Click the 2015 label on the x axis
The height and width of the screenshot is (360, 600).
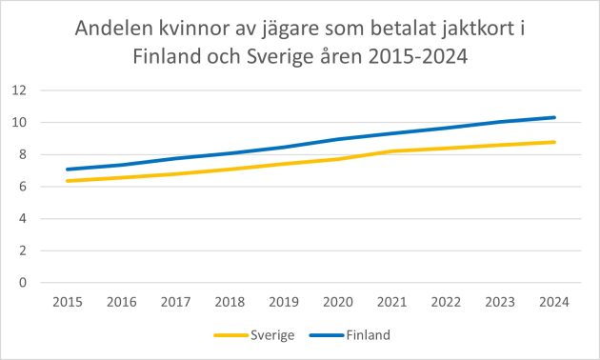coord(67,303)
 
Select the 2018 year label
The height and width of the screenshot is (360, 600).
coord(230,303)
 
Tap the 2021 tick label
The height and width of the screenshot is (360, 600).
coord(392,303)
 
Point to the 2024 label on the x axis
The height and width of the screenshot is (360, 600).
coord(555,303)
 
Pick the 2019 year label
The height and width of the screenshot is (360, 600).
coord(284,303)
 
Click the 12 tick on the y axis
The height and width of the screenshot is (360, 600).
coord(18,90)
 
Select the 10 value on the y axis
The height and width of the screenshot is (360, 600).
coord(18,123)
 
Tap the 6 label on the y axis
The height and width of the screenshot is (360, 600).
coord(22,187)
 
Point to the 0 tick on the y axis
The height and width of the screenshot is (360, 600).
coord(22,283)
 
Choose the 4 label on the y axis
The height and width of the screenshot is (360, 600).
coord(22,219)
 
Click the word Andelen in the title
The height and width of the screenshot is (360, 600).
coord(118,30)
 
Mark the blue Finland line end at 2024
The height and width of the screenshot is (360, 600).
coord(555,117)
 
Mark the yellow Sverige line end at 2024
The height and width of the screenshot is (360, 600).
coord(555,142)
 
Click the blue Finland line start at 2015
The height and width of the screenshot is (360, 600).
coord(67,170)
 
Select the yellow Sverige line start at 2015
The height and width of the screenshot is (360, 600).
coord(67,181)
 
